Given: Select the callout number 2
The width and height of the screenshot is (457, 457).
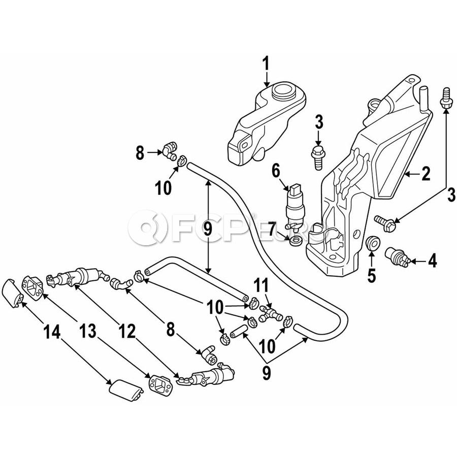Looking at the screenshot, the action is pyautogui.click(x=426, y=174).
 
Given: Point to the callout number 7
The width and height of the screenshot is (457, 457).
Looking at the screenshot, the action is pyautogui.click(x=273, y=229).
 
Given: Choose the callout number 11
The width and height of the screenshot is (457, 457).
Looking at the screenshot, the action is pyautogui.click(x=261, y=286).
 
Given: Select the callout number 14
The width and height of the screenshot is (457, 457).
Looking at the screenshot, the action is pyautogui.click(x=52, y=332).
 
